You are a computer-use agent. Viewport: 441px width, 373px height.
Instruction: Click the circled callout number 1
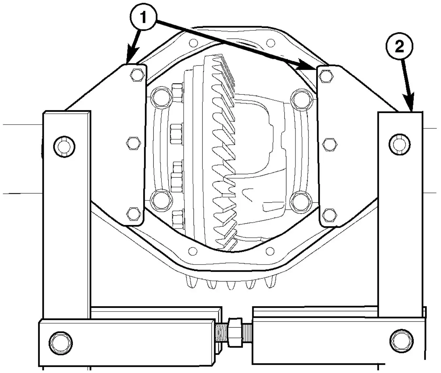pos(144,17)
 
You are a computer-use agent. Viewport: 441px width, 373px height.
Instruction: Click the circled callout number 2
pos(399,46)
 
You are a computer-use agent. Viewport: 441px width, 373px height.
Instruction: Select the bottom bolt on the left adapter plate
pos(133,214)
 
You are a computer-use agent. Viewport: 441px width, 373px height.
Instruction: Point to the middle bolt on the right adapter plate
pos(330,145)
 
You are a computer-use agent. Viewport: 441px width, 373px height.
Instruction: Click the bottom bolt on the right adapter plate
pos(330,215)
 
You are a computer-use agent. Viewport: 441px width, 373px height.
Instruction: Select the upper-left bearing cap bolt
pos(161,97)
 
